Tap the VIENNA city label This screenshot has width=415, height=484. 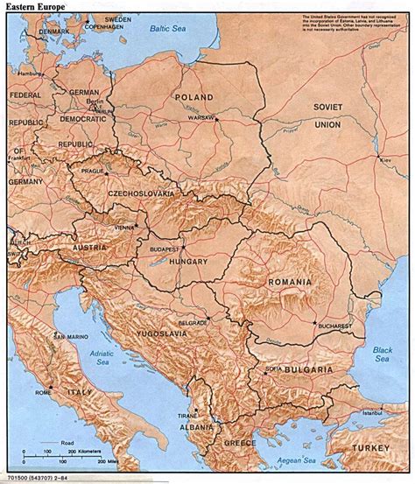(x=123, y=226)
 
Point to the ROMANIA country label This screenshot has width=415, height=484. (x=291, y=283)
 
